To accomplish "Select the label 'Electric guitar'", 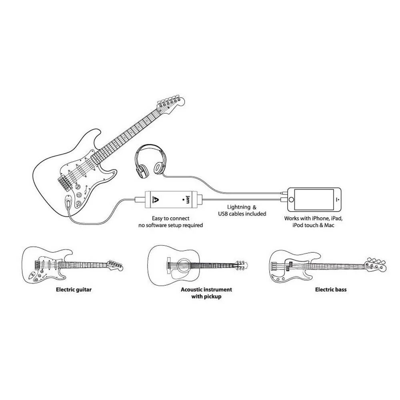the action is [74, 289].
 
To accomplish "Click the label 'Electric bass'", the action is [331, 289].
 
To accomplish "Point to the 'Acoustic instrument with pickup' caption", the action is [206, 293].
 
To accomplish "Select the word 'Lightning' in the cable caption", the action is [239, 207].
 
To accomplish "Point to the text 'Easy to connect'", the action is [170, 218].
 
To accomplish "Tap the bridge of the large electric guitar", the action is [63, 182].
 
